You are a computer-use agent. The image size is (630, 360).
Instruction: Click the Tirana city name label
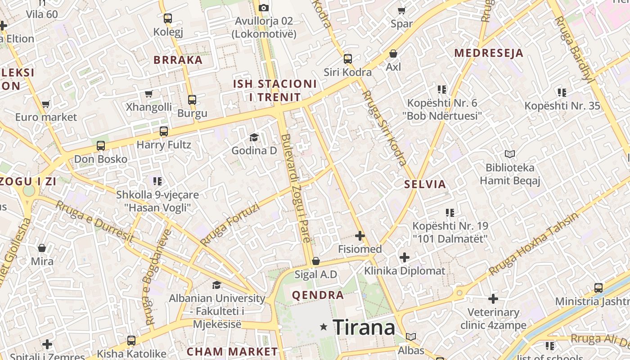pyautogui.click(x=364, y=327)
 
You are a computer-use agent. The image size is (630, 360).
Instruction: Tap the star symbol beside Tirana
pyautogui.click(x=324, y=327)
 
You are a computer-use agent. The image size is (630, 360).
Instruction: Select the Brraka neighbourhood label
pyautogui.click(x=178, y=60)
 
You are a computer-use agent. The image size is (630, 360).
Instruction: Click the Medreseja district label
pyautogui.click(x=489, y=53)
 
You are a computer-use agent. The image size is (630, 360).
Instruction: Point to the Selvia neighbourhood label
pyautogui.click(x=425, y=184)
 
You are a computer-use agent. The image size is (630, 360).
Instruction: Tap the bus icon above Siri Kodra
pyautogui.click(x=348, y=59)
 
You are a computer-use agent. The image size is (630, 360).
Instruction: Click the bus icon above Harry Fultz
pyautogui.click(x=164, y=131)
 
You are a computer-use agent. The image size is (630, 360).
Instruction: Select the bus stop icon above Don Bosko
pyautogui.click(x=101, y=146)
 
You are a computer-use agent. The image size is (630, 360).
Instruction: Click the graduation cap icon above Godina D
pyautogui.click(x=254, y=138)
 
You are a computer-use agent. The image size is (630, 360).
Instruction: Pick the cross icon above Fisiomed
pyautogui.click(x=360, y=235)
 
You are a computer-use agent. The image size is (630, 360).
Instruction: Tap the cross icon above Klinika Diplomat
pyautogui.click(x=405, y=257)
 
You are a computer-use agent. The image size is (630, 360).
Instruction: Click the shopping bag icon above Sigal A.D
pyautogui.click(x=316, y=261)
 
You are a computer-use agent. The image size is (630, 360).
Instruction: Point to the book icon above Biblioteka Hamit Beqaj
pyautogui.click(x=510, y=154)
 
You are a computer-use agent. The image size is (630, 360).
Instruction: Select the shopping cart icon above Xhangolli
pyautogui.click(x=149, y=94)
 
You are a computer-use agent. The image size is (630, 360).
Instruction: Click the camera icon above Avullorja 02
pyautogui.click(x=264, y=8)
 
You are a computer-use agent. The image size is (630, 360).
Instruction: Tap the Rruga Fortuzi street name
pyautogui.click(x=230, y=225)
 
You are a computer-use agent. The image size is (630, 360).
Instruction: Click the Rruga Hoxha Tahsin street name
pyautogui.click(x=534, y=243)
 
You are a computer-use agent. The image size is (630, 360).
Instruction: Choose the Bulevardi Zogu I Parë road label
pyautogui.click(x=296, y=188)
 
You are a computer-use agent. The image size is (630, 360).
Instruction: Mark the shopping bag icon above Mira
pyautogui.click(x=42, y=248)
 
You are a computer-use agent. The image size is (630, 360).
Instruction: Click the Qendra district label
pyautogui.click(x=318, y=296)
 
